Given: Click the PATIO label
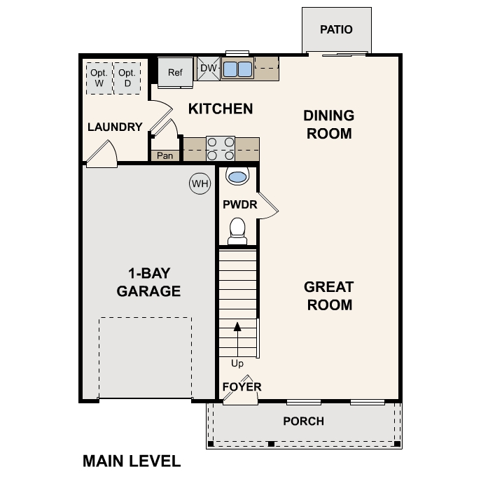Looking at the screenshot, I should click(336, 30).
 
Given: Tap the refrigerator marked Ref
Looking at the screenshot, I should click(174, 72).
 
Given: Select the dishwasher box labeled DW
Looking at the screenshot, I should click(208, 69).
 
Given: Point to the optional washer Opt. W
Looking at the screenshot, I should click(99, 78).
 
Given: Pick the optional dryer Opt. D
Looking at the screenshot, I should click(127, 78).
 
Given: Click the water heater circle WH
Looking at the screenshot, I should click(200, 184).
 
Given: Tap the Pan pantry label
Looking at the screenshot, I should click(165, 155).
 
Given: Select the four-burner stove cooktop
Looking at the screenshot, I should click(220, 148).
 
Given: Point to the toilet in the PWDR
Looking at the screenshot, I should click(238, 230).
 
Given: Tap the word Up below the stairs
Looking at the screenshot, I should click(237, 363).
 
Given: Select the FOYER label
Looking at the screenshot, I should click(242, 387).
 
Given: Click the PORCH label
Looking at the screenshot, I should click(303, 421).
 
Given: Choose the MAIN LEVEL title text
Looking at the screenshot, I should click(132, 461).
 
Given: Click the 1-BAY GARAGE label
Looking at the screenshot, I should click(148, 282).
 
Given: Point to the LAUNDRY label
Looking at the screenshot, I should click(115, 127).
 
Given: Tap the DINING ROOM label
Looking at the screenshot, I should click(328, 124).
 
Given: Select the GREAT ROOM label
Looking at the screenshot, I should click(328, 295).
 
